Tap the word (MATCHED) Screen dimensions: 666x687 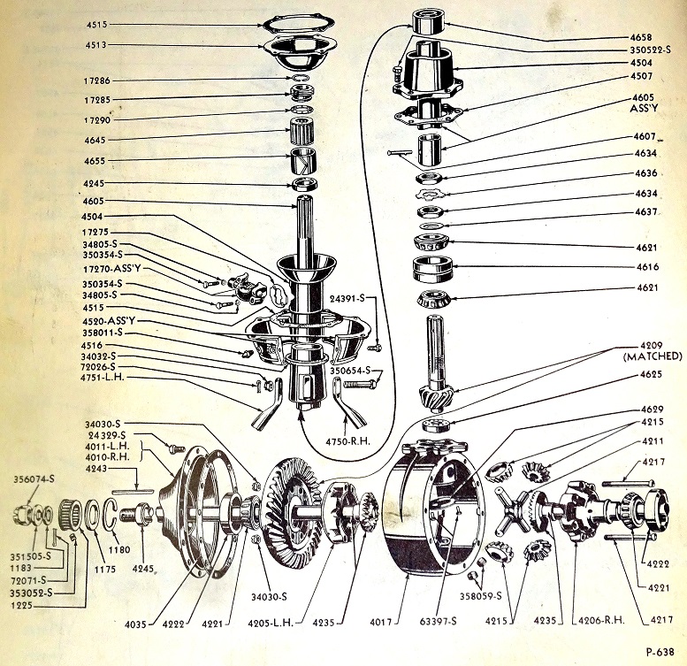click(x=652, y=356)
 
